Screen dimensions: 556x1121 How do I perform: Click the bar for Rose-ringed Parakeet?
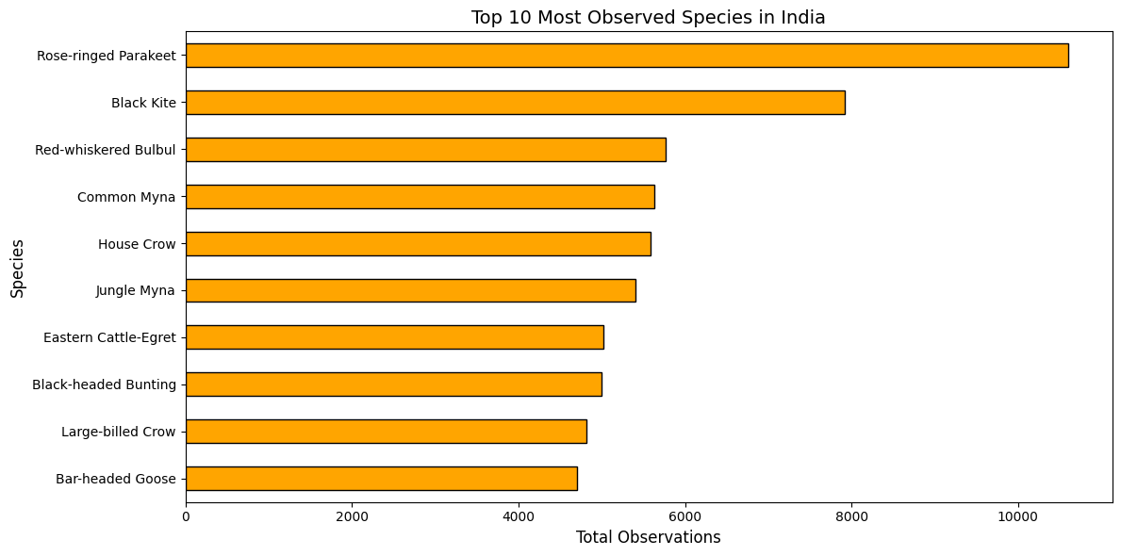click(627, 56)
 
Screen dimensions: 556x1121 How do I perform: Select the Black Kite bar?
click(515, 103)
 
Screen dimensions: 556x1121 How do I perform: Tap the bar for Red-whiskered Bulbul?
click(425, 150)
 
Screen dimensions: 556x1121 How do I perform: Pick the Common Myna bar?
click(420, 197)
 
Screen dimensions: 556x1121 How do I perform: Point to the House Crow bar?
click(418, 243)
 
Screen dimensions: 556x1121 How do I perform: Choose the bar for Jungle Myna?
click(410, 290)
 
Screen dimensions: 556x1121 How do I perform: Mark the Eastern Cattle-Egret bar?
click(394, 337)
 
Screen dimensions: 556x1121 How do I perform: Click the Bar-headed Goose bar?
click(381, 479)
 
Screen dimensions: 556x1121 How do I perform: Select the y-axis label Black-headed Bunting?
click(105, 384)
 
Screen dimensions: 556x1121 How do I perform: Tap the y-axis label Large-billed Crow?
click(119, 432)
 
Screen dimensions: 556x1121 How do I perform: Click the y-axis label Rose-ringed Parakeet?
click(107, 56)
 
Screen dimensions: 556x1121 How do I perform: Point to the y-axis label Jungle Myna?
click(136, 290)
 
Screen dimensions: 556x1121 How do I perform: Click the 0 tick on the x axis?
click(186, 516)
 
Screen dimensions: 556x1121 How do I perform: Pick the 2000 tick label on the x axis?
click(352, 516)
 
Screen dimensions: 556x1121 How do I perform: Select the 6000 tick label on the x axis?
click(685, 516)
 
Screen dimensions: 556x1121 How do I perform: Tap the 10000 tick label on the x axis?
click(1018, 516)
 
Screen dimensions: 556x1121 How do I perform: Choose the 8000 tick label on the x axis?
click(851, 516)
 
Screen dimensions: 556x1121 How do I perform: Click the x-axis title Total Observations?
click(648, 538)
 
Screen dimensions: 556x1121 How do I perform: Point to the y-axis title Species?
click(18, 268)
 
